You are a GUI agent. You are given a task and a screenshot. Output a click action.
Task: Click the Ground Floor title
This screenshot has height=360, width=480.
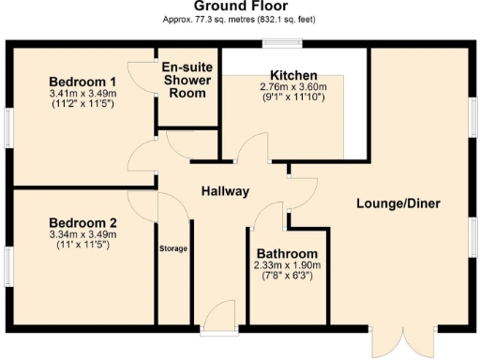239,7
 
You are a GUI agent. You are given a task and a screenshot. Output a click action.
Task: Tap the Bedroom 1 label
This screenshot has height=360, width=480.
82,82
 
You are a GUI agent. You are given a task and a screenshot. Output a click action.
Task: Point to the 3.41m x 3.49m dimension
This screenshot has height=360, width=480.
82,94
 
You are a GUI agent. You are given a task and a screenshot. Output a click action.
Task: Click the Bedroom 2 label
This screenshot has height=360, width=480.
82,222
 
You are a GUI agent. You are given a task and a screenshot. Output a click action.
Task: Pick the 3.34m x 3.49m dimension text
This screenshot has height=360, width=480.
82,233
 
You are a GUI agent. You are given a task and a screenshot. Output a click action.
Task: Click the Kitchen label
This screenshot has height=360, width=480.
293,75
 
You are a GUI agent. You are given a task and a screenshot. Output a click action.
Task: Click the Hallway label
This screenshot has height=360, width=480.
225,191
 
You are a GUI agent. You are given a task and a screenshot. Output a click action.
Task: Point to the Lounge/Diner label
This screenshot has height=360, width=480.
398,203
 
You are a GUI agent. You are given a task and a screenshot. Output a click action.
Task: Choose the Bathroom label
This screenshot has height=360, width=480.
287,254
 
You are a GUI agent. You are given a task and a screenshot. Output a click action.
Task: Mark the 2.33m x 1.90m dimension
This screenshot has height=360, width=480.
287,266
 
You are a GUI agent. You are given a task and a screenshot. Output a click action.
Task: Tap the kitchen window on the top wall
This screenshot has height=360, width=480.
281,42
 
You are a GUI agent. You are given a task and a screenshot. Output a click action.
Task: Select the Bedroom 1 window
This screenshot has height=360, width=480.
7,127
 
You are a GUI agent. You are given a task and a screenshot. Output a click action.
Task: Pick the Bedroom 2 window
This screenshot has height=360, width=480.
7,263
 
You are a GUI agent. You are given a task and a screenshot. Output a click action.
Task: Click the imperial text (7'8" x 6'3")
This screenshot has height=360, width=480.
287,277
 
